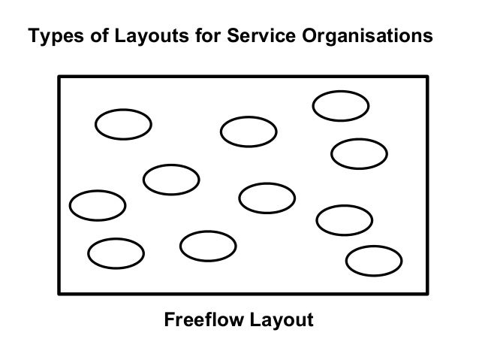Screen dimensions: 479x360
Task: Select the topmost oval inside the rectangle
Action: coord(340,106)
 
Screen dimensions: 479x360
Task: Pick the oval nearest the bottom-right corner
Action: coord(373,260)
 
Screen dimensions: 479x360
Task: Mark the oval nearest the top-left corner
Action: coord(124,125)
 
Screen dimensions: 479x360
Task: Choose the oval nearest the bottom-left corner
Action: coord(116,253)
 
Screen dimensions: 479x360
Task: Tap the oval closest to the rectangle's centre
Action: coord(267,198)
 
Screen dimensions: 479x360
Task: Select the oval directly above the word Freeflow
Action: coord(208,244)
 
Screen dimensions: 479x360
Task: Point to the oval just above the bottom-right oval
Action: coord(345,219)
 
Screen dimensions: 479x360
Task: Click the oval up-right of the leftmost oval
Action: coord(171,179)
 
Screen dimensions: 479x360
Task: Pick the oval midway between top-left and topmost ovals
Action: coord(249,132)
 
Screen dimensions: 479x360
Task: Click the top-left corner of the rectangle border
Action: coord(59,76)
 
